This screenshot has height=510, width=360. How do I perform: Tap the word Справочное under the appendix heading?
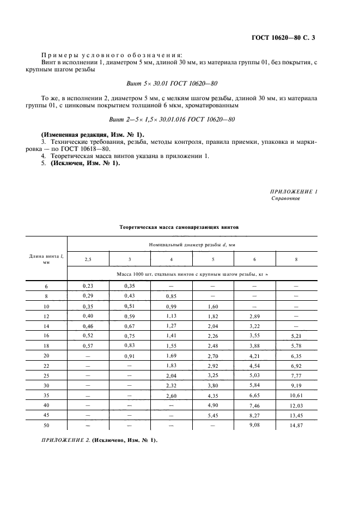click(x=286, y=198)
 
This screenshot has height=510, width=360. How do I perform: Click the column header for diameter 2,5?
click(x=88, y=259)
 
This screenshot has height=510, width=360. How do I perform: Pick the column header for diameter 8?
click(x=296, y=259)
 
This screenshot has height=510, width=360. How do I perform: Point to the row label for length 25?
click(x=46, y=375)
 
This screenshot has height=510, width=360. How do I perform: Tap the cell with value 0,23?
click(x=88, y=285)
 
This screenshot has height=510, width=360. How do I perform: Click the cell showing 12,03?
click(x=296, y=405)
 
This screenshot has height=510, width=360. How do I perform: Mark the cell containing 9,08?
click(x=254, y=424)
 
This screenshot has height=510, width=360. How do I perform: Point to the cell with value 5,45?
click(x=212, y=415)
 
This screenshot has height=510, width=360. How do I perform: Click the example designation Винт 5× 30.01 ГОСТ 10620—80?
click(x=179, y=83)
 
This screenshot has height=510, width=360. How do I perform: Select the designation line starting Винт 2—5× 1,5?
click(x=179, y=119)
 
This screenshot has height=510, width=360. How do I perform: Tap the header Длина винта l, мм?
click(x=46, y=259)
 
